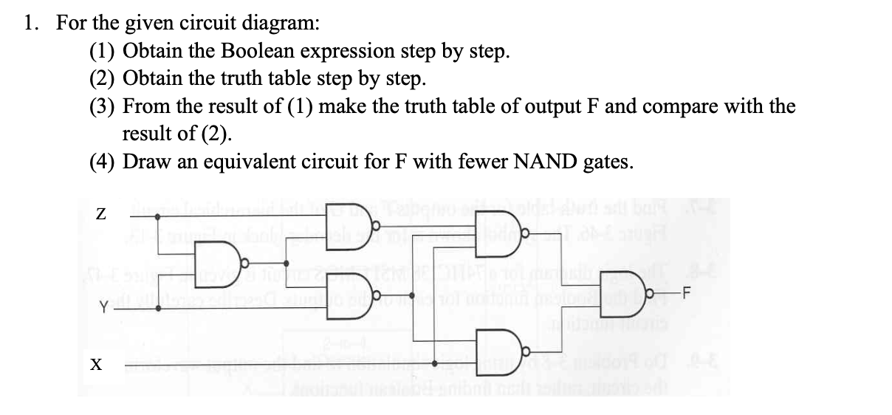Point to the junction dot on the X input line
436,364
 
